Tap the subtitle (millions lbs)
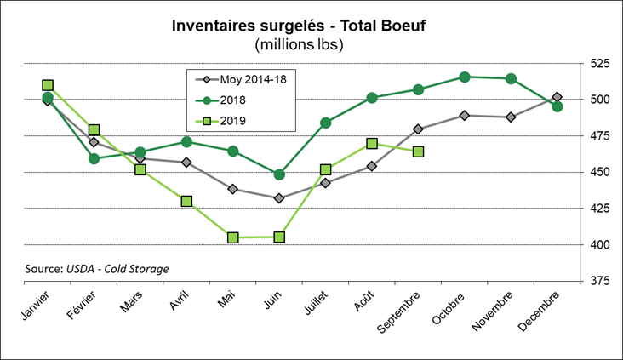pos(311,44)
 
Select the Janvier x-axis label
pos(34,306)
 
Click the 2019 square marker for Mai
pos(233,237)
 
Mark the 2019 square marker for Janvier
pos(48,85)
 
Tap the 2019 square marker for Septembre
pos(419,151)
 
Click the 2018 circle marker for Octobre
pos(465,77)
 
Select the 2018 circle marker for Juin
pos(279,174)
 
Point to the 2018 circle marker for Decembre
pos(557,106)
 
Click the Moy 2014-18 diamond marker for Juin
pos(279,198)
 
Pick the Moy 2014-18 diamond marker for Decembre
pos(557,97)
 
